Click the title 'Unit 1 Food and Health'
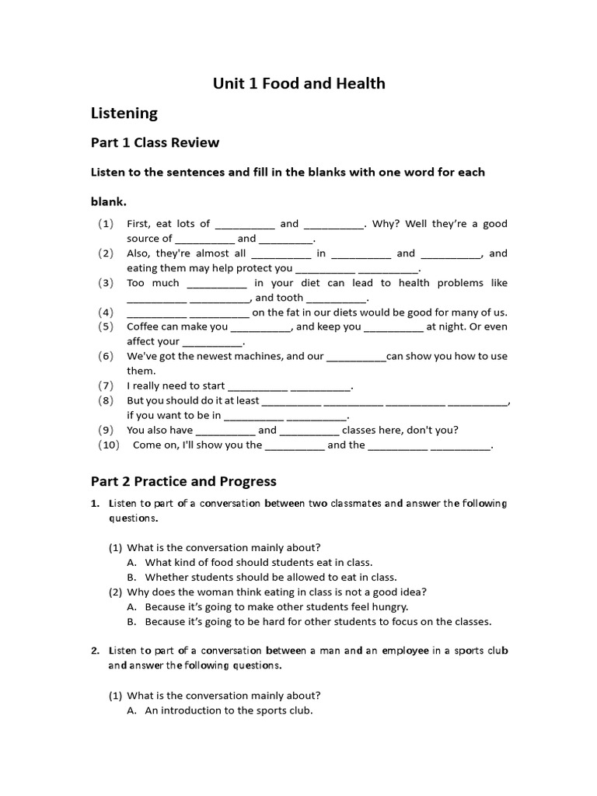point(299,83)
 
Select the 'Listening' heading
point(124,113)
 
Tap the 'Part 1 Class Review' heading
point(155,143)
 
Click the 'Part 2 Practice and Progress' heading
point(183,482)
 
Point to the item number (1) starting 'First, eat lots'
point(106,224)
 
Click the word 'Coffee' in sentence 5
point(145,326)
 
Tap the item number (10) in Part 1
point(109,445)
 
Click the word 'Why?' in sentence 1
point(385,224)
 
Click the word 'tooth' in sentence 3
point(290,298)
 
